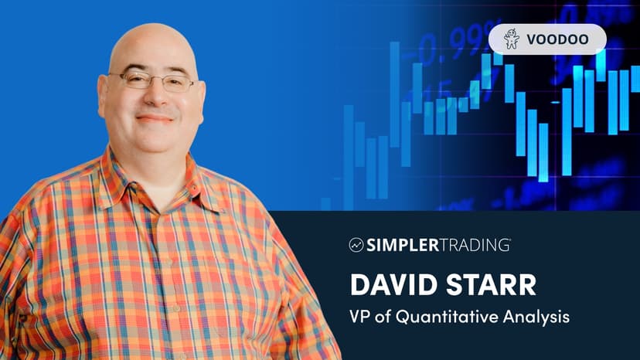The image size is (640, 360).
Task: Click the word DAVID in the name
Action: tap(393, 284)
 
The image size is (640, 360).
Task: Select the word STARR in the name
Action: tap(491, 284)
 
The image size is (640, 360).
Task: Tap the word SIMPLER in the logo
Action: tap(403, 245)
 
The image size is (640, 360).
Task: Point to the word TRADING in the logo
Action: tap(474, 245)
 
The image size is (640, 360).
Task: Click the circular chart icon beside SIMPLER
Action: tap(356, 245)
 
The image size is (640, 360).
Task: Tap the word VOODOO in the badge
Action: tap(557, 39)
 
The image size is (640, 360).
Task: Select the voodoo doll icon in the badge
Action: tap(512, 39)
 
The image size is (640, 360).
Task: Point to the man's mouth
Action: tap(155, 119)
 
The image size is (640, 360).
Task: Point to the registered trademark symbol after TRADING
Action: tap(509, 240)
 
